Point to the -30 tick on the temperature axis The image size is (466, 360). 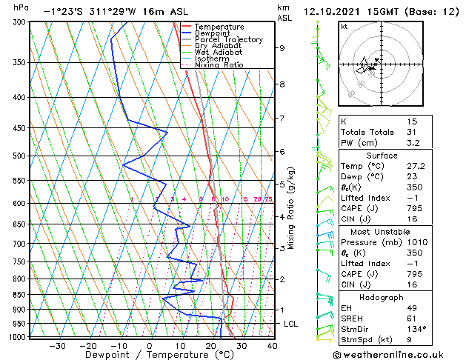point(57,345)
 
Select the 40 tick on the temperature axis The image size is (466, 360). point(272,345)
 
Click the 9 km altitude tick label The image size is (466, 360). point(282,48)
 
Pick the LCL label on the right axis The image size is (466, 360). point(291,324)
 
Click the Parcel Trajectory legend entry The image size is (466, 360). point(228,40)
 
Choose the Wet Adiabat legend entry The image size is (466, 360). point(219,53)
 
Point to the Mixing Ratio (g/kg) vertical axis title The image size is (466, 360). point(292,208)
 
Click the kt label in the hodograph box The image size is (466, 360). point(344,26)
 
